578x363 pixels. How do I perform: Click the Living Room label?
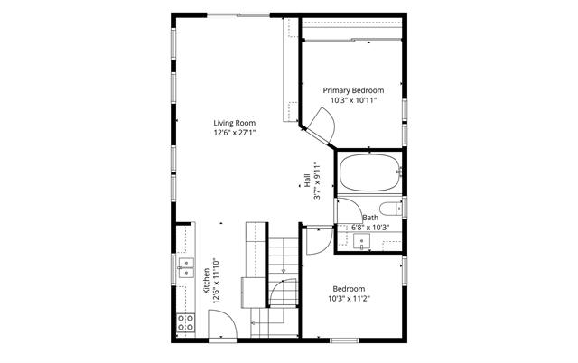[235, 123]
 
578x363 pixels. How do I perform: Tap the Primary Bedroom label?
[353, 90]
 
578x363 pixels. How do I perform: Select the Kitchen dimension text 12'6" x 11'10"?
[217, 281]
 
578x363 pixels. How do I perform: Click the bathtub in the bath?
[369, 172]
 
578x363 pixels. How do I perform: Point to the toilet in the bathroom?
[391, 209]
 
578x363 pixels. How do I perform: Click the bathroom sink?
[361, 242]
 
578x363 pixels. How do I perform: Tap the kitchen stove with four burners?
[185, 323]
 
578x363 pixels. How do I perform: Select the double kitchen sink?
[186, 268]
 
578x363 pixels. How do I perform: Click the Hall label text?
[307, 181]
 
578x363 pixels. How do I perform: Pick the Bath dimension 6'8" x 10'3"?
[370, 228]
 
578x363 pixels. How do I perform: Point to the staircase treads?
[283, 272]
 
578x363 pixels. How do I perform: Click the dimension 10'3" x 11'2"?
[349, 299]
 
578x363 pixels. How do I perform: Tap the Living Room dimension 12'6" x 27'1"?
[235, 133]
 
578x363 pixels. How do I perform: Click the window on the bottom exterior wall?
[344, 340]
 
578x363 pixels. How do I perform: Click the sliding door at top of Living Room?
[238, 15]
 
